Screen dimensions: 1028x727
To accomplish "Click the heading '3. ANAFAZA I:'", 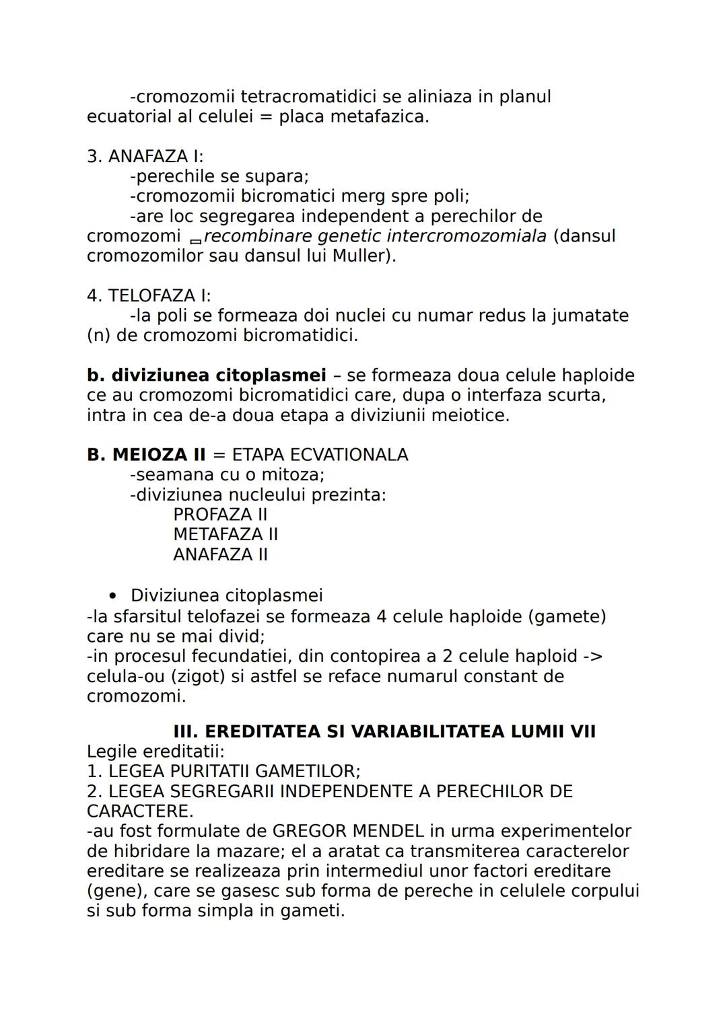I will (145, 156).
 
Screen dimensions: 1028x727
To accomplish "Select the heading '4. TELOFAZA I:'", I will (149, 295).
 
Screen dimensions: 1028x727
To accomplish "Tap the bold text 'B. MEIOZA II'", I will (146, 455).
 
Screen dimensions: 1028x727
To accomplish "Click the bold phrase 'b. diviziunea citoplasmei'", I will (206, 375).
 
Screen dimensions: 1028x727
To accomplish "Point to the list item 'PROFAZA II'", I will (220, 515).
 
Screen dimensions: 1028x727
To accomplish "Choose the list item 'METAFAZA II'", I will (226, 534).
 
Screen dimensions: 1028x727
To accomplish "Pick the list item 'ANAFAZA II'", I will (220, 554).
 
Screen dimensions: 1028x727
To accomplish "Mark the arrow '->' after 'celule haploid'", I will (592, 656).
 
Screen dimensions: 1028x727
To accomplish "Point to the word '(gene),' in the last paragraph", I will (116, 891).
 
